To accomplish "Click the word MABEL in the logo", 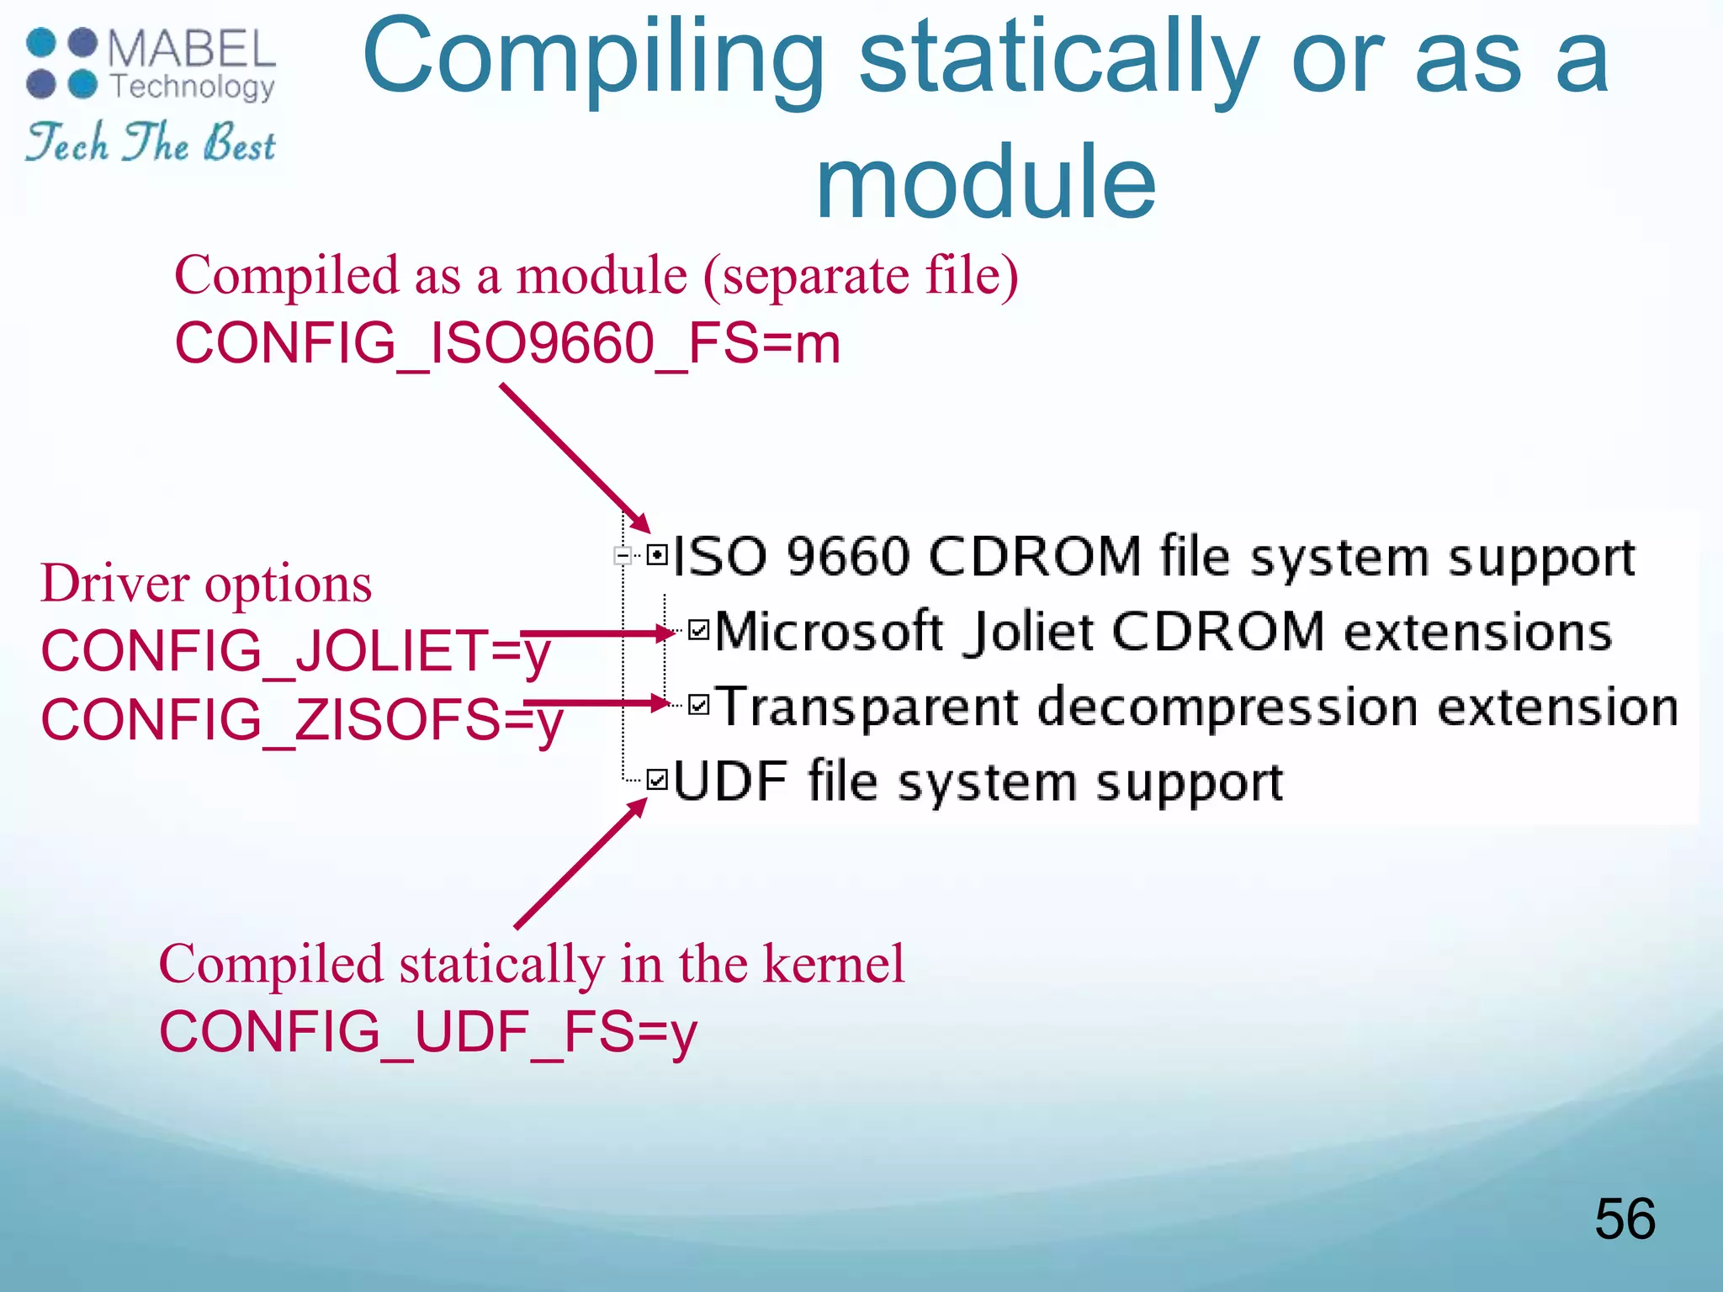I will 192,49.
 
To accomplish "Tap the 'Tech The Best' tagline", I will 151,142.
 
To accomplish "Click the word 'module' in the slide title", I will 985,181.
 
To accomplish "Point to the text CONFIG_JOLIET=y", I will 295,651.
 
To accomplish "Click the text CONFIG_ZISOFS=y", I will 301,720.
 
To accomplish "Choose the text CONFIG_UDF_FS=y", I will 428,1032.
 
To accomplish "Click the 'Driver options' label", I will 206,583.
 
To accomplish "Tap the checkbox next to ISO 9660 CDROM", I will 658,555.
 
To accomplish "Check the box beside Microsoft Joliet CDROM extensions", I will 699,630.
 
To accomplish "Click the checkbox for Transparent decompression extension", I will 699,704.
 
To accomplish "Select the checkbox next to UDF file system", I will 658,780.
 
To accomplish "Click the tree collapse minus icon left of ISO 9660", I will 623,555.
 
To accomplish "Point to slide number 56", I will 1625,1219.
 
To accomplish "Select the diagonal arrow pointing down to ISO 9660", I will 576,458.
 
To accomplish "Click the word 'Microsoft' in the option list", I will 829,631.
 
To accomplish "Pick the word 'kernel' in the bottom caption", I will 833,964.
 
